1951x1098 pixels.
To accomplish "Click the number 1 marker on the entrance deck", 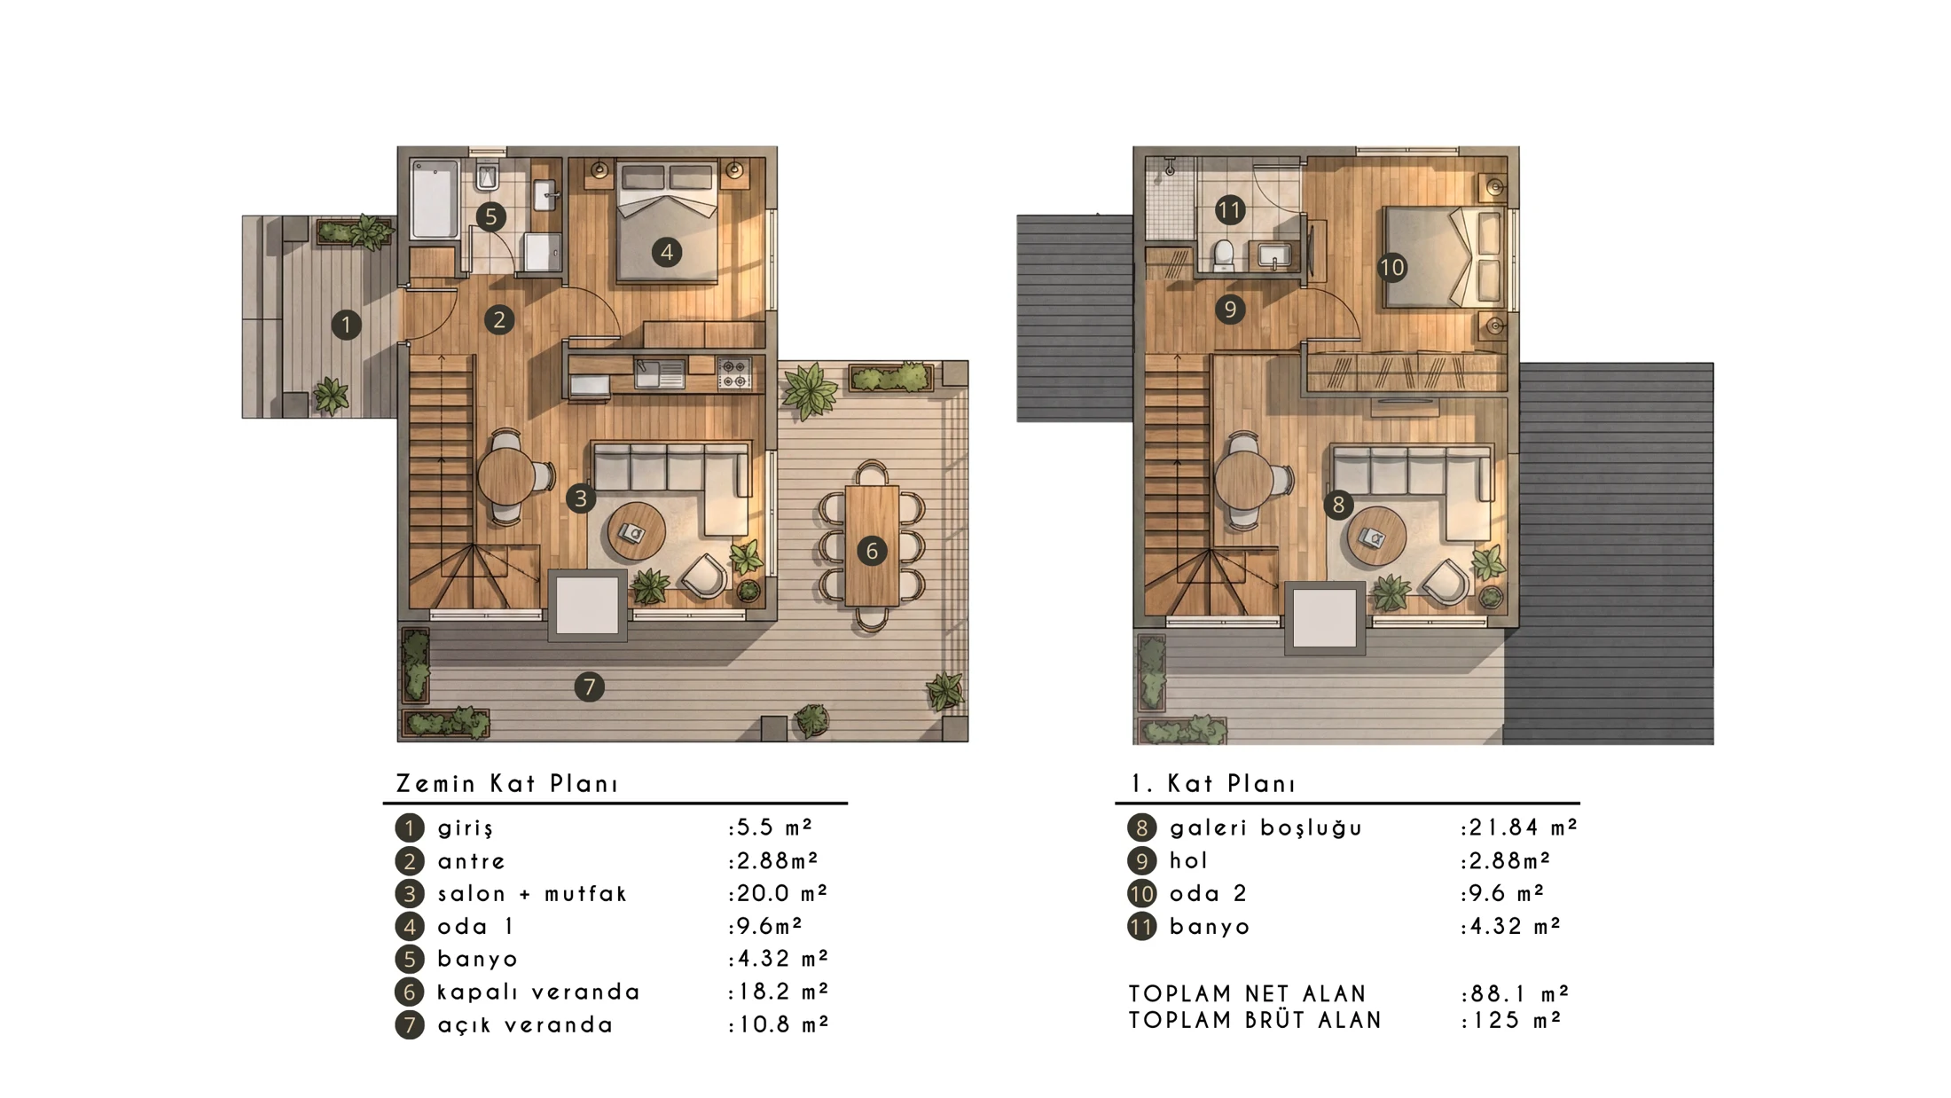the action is [346, 325].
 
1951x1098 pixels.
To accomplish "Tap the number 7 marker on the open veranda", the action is [589, 686].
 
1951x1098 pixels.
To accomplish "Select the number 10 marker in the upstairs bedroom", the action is [1392, 267].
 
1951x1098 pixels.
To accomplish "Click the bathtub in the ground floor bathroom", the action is [435, 199].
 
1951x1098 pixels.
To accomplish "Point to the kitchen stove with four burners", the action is [734, 373].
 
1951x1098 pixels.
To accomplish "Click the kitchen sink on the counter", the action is [660, 373].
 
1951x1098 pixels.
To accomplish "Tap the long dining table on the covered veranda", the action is [872, 545].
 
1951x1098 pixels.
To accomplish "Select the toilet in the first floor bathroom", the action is [1224, 255].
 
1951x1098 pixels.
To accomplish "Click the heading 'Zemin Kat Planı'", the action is [506, 784].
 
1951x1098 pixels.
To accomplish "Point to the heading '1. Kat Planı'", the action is [1213, 784].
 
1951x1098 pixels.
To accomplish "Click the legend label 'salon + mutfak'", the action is [532, 894].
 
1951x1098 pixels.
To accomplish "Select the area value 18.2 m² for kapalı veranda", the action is [778, 992].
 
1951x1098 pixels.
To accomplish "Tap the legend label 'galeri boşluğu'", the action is [1265, 828].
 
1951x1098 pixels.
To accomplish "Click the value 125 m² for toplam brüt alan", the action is [1511, 1021].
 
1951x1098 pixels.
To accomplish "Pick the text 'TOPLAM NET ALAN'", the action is [1248, 994].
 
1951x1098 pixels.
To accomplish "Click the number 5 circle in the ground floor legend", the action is [410, 960].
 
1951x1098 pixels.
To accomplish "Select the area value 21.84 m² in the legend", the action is [1519, 827].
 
